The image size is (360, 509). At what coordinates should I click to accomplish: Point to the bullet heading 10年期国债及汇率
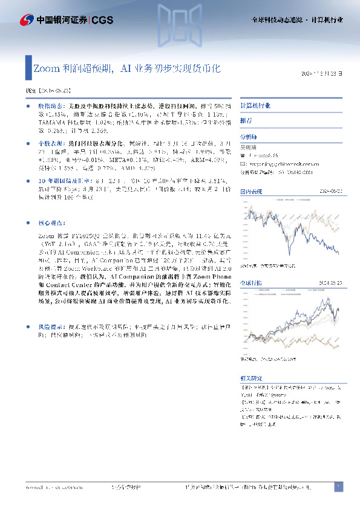click(x=64, y=181)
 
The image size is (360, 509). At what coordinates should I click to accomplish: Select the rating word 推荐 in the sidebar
click(x=246, y=121)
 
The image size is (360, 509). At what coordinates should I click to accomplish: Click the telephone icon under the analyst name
click(x=243, y=155)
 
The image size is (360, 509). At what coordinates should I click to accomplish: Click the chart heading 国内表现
click(x=250, y=191)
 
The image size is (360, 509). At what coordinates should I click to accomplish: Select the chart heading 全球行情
click(x=250, y=282)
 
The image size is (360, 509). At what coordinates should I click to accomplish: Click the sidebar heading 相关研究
click(x=250, y=377)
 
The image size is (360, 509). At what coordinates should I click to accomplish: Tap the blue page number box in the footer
click(x=339, y=486)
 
